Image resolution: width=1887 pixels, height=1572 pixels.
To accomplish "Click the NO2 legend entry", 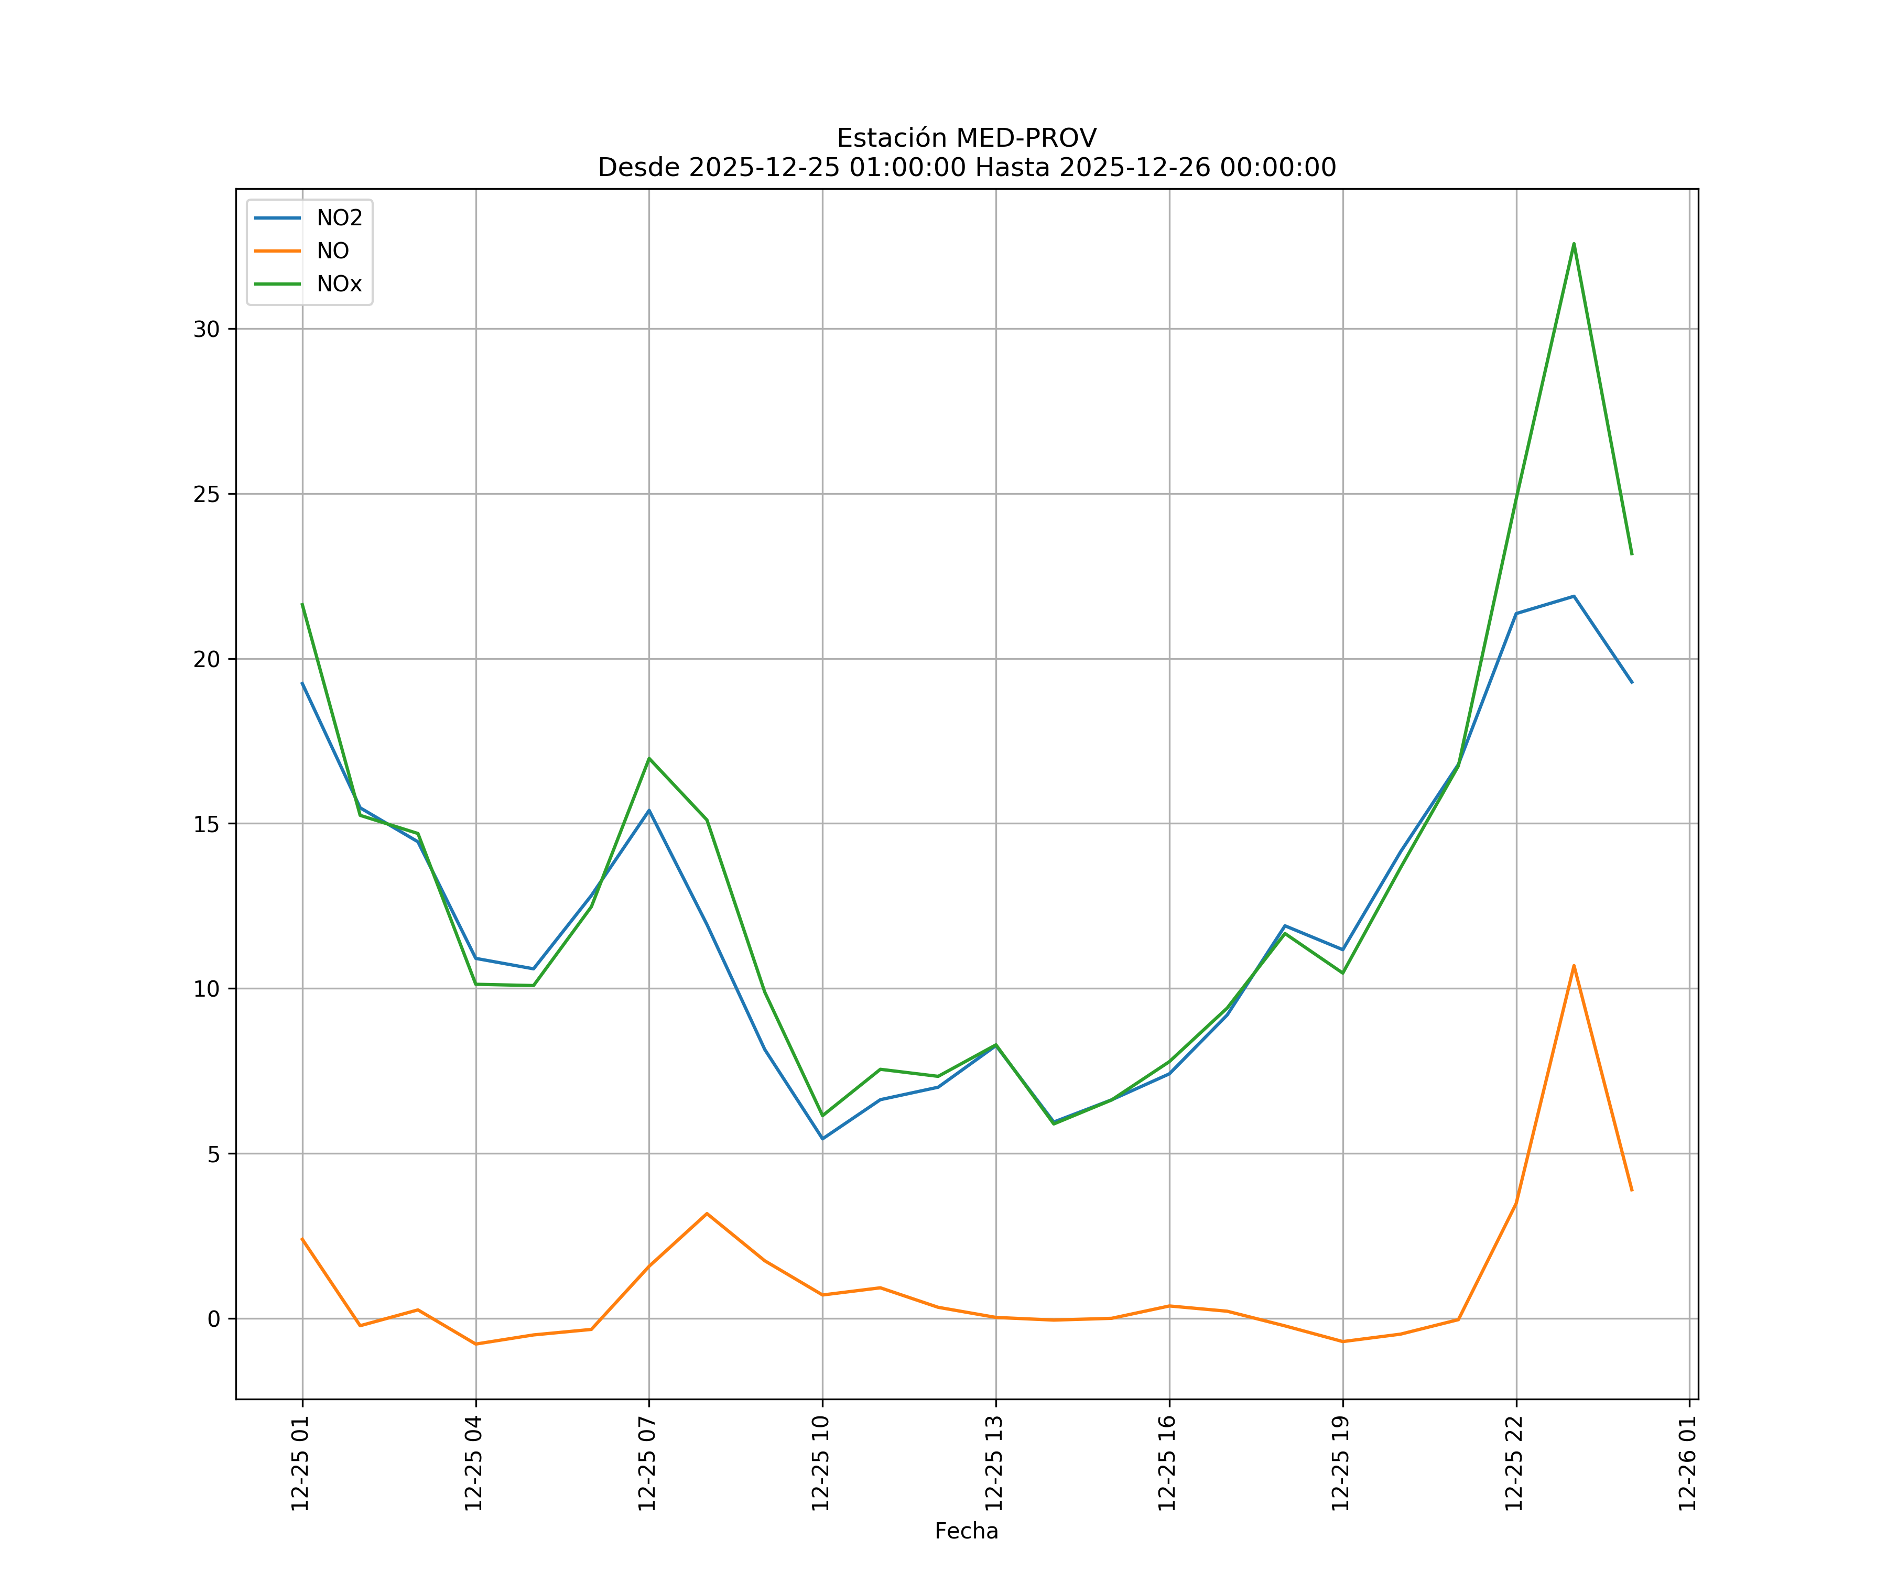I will pos(339,219).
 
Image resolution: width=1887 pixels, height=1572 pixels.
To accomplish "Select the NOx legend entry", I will pos(339,285).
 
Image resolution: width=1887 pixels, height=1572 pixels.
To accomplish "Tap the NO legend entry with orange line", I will pos(332,252).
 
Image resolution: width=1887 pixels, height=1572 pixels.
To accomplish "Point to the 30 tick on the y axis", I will pos(207,329).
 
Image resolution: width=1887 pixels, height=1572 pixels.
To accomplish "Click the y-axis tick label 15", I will pos(207,824).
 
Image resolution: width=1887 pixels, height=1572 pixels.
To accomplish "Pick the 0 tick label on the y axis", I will pos(214,1319).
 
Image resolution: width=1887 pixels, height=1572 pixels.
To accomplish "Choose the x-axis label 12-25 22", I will pos(1515,1462).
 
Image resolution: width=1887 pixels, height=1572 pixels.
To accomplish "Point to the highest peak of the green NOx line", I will pos(1574,244).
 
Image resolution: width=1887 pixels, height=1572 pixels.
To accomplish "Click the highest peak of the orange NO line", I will pos(1574,966).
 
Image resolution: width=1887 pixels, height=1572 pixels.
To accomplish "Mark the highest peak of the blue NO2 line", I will pos(1574,596).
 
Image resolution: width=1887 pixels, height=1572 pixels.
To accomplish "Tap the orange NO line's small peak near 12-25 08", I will pos(707,1214).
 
